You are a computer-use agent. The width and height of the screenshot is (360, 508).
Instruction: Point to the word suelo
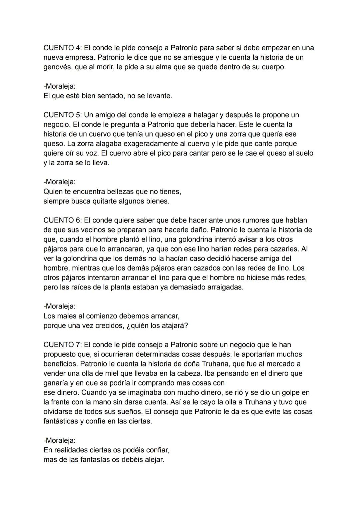point(303,154)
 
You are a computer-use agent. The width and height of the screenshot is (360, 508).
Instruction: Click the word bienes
point(157,202)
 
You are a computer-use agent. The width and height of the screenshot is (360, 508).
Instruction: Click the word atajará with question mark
point(175,326)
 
